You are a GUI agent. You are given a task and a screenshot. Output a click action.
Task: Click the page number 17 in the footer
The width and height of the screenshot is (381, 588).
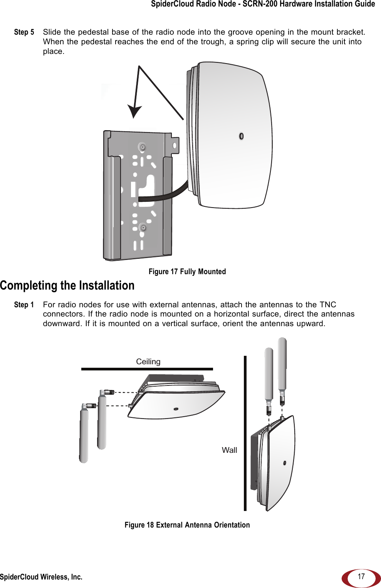pyautogui.click(x=361, y=576)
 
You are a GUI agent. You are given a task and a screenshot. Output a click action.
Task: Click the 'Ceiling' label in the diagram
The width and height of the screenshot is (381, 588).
pyautogui.click(x=148, y=362)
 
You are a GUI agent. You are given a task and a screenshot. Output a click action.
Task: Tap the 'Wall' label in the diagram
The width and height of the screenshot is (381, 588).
pyautogui.click(x=229, y=450)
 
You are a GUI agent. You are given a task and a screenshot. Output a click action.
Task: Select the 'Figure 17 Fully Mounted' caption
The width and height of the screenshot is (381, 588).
pyautogui.click(x=187, y=271)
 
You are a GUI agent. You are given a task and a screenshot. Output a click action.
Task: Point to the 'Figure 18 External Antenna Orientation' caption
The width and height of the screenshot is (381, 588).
pyautogui.click(x=187, y=525)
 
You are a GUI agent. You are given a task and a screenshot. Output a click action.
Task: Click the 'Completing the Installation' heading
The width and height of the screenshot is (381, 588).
pyautogui.click(x=67, y=285)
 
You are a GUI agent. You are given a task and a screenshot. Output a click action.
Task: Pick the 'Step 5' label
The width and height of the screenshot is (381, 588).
pyautogui.click(x=24, y=32)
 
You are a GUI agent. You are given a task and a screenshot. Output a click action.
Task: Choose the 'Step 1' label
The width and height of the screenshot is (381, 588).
pyautogui.click(x=24, y=305)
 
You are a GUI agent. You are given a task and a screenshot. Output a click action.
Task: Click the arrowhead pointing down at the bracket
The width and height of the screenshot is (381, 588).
pyautogui.click(x=134, y=112)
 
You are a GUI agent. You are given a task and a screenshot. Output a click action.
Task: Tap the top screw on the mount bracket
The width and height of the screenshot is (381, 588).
pyautogui.click(x=142, y=147)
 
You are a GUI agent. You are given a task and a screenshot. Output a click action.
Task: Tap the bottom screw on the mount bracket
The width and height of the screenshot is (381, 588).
pyautogui.click(x=143, y=227)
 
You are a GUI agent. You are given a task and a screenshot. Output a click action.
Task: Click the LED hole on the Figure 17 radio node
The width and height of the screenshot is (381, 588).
pyautogui.click(x=241, y=136)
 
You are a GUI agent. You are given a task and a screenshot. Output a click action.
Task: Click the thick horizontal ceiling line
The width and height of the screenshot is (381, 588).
pyautogui.click(x=147, y=369)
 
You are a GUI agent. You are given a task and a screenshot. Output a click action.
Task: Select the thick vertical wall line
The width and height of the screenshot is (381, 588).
pyautogui.click(x=245, y=433)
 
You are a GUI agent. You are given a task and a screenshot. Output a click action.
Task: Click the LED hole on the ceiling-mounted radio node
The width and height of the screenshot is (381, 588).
pyautogui.click(x=176, y=409)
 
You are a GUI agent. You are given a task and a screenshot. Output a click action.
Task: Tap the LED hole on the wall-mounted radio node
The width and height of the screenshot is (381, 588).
pyautogui.click(x=285, y=463)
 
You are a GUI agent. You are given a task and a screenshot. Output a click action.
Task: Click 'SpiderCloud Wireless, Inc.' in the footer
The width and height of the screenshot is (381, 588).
pyautogui.click(x=41, y=577)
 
